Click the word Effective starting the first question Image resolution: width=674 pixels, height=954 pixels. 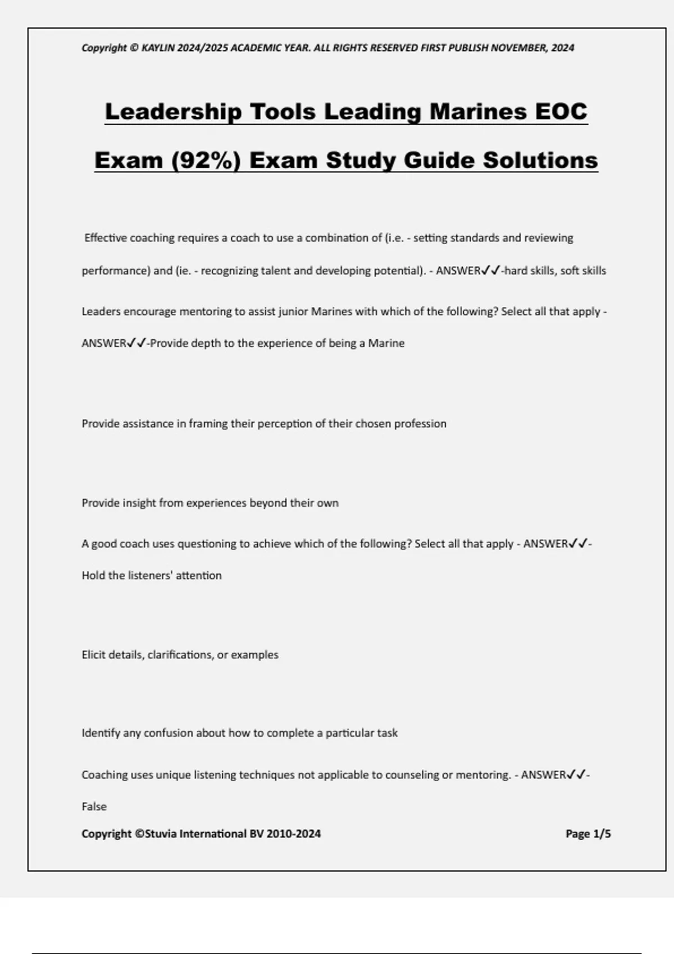pyautogui.click(x=106, y=238)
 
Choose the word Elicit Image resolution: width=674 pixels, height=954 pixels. pyautogui.click(x=93, y=655)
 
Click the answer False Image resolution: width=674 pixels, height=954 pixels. pyautogui.click(x=94, y=806)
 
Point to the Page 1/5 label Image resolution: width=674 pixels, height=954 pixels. pyautogui.click(x=588, y=834)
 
